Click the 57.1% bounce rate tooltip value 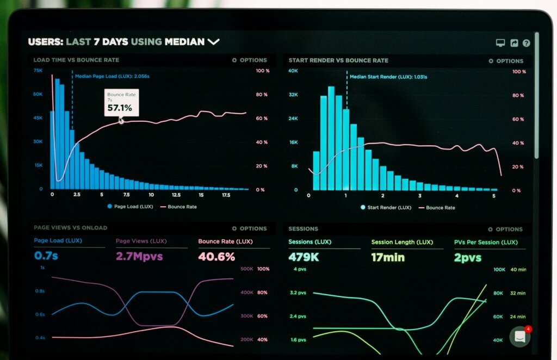tap(120, 108)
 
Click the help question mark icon tap(526, 43)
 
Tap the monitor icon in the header tap(500, 43)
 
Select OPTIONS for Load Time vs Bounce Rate tap(250, 60)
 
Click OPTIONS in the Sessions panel tap(505, 229)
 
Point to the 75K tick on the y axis tap(38, 71)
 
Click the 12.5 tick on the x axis tap(176, 195)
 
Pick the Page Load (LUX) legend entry tap(130, 207)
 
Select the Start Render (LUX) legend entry tap(386, 207)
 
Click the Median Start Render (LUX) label tap(388, 77)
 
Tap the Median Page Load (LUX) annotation tap(112, 77)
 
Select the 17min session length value tap(388, 257)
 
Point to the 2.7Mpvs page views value tap(139, 256)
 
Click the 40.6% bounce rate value tap(216, 256)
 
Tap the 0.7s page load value tap(46, 256)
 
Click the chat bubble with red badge tap(520, 337)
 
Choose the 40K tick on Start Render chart tap(293, 71)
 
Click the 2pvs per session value tap(467, 257)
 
